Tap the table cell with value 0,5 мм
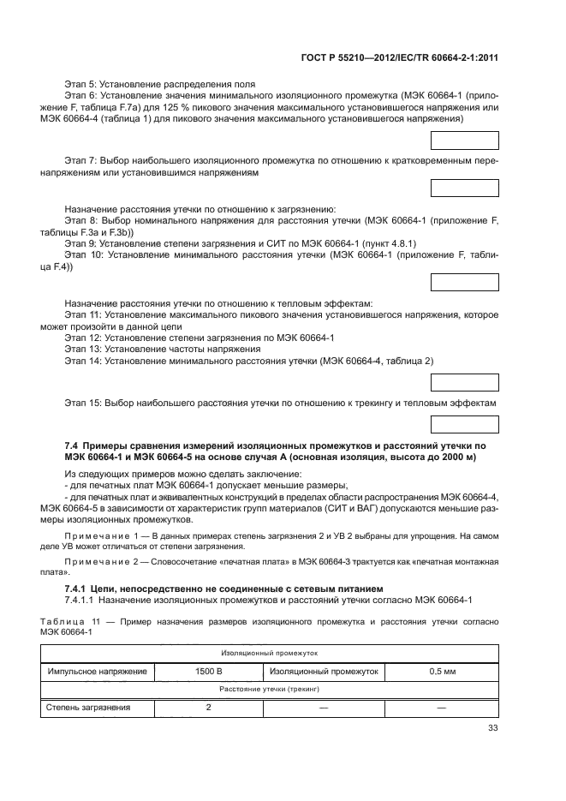coord(441,672)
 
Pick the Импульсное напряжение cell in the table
coord(97,672)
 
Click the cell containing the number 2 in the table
coord(208,708)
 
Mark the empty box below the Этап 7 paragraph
coord(464,188)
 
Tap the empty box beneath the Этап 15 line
coord(464,423)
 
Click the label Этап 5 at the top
coord(81,84)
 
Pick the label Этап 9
coord(81,243)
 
